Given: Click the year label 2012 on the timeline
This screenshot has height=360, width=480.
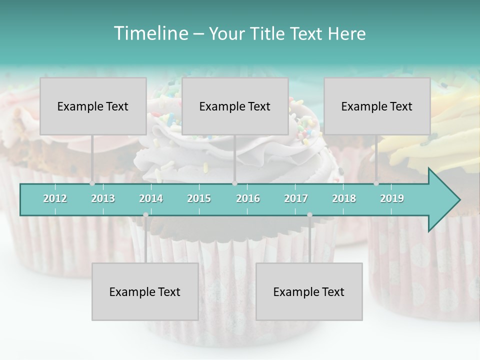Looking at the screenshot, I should (x=55, y=198).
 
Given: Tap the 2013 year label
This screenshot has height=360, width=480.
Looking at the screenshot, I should (x=103, y=198).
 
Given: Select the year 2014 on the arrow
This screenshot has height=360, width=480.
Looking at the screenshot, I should (x=151, y=198).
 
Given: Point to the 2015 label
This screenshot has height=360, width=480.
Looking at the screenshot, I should (x=199, y=198).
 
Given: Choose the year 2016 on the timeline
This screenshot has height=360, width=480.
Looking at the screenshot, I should (x=248, y=198).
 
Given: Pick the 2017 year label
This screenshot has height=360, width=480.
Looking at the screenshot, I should (x=296, y=198).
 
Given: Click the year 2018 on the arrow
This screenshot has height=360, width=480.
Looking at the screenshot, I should (x=344, y=198).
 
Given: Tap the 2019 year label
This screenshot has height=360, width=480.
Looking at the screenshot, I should (x=392, y=198).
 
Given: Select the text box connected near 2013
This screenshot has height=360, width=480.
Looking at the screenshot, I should (x=93, y=106).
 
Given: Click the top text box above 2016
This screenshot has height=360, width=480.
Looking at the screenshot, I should (x=235, y=106).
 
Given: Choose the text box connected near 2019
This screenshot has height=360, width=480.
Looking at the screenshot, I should (x=377, y=106).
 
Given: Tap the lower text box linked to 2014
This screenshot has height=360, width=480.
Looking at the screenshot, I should (x=145, y=291).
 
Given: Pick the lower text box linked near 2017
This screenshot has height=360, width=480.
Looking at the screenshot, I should (x=309, y=291).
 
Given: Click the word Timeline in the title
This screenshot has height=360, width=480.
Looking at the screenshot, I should (x=150, y=33).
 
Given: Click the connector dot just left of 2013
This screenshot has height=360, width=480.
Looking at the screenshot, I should (x=92, y=183).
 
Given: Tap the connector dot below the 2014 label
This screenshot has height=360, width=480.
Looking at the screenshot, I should (x=145, y=215).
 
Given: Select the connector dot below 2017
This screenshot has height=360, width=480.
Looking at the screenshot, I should (x=309, y=215).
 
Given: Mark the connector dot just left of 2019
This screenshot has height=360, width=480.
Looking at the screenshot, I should (x=376, y=183).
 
